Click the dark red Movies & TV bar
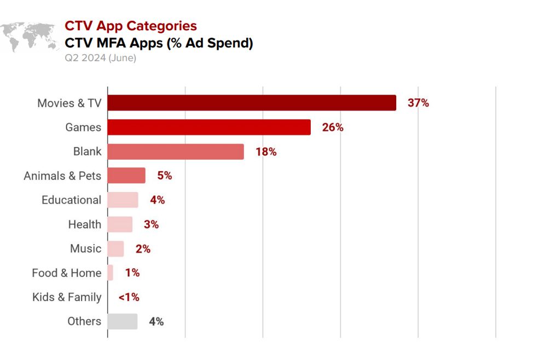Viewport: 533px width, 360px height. [252, 103]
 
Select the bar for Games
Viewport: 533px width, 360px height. [209, 127]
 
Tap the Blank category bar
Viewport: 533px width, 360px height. [176, 152]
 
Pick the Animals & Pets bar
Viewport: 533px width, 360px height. [126, 176]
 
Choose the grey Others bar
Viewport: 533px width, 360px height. [123, 321]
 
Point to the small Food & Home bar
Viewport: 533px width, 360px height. [111, 272]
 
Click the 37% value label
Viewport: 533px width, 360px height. [418, 103]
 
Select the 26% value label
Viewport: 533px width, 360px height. [333, 127]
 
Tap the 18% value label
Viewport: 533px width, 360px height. [266, 152]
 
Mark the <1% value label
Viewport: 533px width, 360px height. [129, 297]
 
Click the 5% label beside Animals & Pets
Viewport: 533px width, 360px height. [165, 176]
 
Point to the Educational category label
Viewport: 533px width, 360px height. [71, 200]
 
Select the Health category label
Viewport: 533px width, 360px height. [84, 224]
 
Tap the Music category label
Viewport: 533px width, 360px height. [85, 248]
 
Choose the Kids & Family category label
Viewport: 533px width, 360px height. [67, 297]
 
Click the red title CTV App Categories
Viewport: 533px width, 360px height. [131, 26]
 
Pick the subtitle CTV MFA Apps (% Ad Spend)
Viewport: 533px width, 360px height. [159, 43]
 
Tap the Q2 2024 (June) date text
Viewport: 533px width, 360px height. [100, 58]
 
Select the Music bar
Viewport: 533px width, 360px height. [115, 248]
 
